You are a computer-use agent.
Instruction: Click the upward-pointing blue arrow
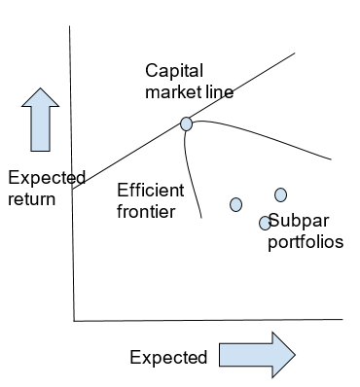[41, 121]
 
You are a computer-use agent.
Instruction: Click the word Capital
[171, 71]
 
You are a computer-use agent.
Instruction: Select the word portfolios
[306, 241]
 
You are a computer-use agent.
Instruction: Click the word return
[31, 198]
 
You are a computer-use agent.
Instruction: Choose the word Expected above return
[46, 178]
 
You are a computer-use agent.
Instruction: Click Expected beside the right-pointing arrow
[168, 357]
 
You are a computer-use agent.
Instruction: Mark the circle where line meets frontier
[186, 123]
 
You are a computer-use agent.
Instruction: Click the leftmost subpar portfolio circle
[235, 204]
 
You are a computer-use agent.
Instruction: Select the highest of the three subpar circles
[281, 194]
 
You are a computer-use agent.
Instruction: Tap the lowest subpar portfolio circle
[264, 223]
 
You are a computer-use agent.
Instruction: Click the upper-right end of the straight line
[294, 54]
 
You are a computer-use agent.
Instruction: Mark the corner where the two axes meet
[74, 319]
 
